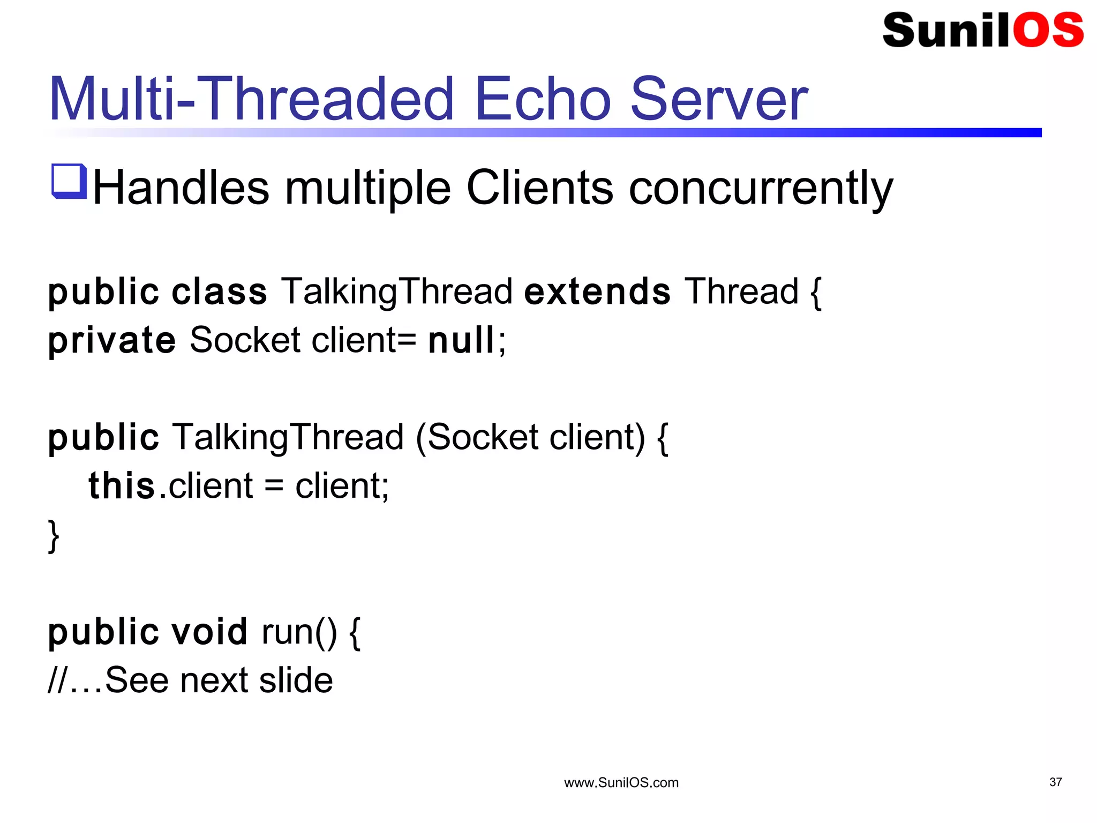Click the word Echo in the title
point(542,99)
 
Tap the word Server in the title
point(719,99)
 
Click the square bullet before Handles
point(69,181)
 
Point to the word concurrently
point(761,189)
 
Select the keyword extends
point(597,292)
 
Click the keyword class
point(219,292)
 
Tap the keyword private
point(111,341)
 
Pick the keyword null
point(461,340)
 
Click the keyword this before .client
point(122,486)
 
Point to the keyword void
point(209,632)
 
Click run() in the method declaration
point(299,632)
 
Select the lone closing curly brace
point(54,535)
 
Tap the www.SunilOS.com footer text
point(621,783)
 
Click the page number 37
point(1055,782)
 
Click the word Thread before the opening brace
point(741,292)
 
